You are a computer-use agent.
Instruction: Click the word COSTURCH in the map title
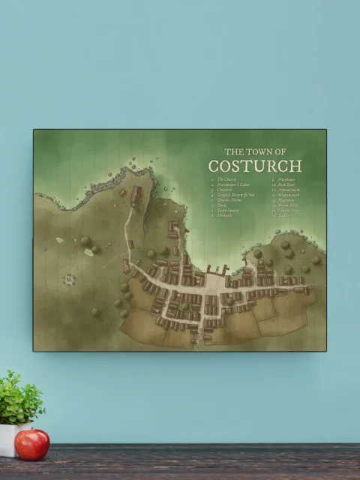pos(254,166)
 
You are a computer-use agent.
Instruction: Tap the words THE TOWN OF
pos(255,151)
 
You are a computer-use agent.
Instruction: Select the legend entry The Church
pos(226,179)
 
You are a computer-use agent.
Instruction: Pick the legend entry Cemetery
pos(226,190)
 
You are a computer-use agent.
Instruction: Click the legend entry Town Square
pos(227,210)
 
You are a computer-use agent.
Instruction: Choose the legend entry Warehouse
pos(280,179)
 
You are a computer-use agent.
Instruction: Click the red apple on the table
pos(32,444)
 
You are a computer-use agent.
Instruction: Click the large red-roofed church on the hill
pos(136,196)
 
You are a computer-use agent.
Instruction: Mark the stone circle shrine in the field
pos(70,280)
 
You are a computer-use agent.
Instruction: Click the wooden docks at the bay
pos(216,270)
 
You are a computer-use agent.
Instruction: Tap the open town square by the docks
pos(214,285)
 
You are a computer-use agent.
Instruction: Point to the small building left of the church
pos(122,193)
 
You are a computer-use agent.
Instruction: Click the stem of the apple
pos(31,431)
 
